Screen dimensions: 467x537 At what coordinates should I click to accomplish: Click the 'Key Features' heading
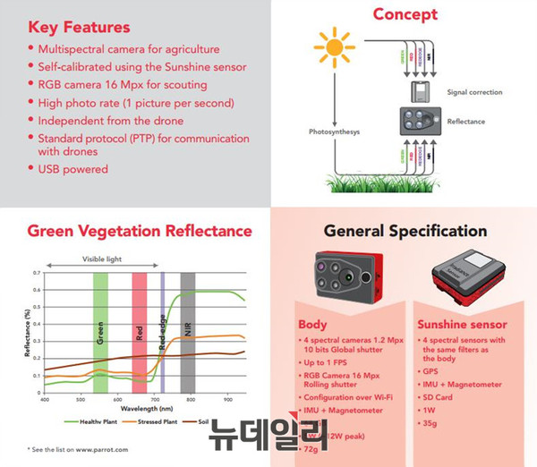click(79, 27)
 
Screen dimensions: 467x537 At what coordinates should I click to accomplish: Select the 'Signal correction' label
click(473, 92)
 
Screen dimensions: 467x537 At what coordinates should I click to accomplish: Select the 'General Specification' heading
click(405, 232)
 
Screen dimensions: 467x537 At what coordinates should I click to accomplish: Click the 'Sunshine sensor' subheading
click(463, 324)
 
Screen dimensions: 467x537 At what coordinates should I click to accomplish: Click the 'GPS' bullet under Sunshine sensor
click(430, 368)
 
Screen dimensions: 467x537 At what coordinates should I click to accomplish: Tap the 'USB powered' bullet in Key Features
click(72, 167)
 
